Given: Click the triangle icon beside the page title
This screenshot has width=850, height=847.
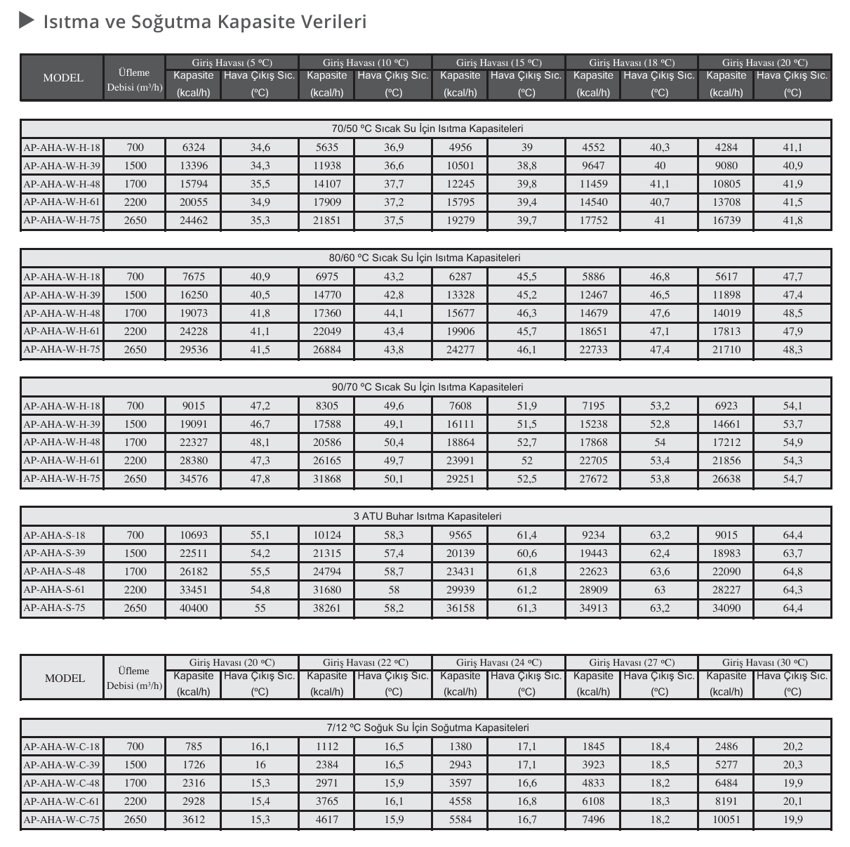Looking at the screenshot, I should click(27, 21).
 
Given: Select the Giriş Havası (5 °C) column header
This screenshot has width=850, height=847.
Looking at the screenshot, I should click(232, 63).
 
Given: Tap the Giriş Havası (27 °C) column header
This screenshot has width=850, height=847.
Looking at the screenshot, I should click(632, 662).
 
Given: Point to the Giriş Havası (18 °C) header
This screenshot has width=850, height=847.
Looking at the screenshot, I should click(632, 63).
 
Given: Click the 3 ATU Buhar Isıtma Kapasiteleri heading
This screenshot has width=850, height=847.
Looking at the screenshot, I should click(427, 516).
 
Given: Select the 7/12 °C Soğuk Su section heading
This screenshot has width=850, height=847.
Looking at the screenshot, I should click(427, 728).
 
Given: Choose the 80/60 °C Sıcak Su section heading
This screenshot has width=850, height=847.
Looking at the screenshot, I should click(427, 258).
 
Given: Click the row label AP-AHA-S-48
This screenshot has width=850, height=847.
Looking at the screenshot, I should click(54, 571).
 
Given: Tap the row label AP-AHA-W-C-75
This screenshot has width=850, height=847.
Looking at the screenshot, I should click(62, 819).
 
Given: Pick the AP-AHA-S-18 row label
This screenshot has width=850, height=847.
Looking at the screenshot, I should click(54, 534).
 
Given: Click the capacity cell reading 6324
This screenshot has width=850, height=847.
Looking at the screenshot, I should click(194, 147).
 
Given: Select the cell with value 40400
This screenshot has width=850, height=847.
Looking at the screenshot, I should click(194, 608).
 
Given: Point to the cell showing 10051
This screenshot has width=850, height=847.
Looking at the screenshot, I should click(726, 820).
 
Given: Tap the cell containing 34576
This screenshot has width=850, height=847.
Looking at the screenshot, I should click(194, 479).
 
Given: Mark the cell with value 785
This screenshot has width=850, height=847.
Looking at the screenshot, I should click(194, 747).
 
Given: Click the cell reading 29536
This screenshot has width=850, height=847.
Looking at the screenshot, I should click(194, 350).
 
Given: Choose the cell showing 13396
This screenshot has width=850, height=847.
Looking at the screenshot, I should click(194, 166).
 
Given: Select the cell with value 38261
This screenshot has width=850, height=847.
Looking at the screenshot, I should click(327, 608).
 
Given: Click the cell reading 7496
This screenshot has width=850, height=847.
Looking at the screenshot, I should click(593, 820).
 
